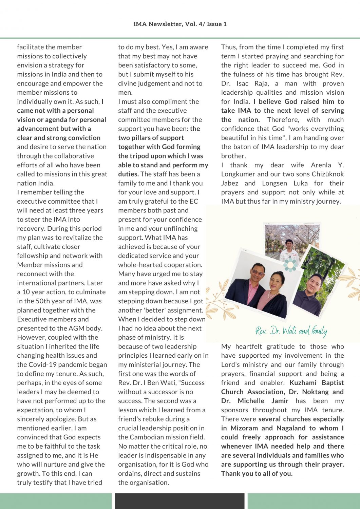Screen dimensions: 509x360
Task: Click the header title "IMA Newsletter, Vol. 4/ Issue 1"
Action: point(180,24)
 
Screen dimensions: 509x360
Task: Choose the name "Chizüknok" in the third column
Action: point(326,174)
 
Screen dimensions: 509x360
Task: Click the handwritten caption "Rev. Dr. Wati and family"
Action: point(291,331)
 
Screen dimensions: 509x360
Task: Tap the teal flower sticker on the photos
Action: point(290,265)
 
